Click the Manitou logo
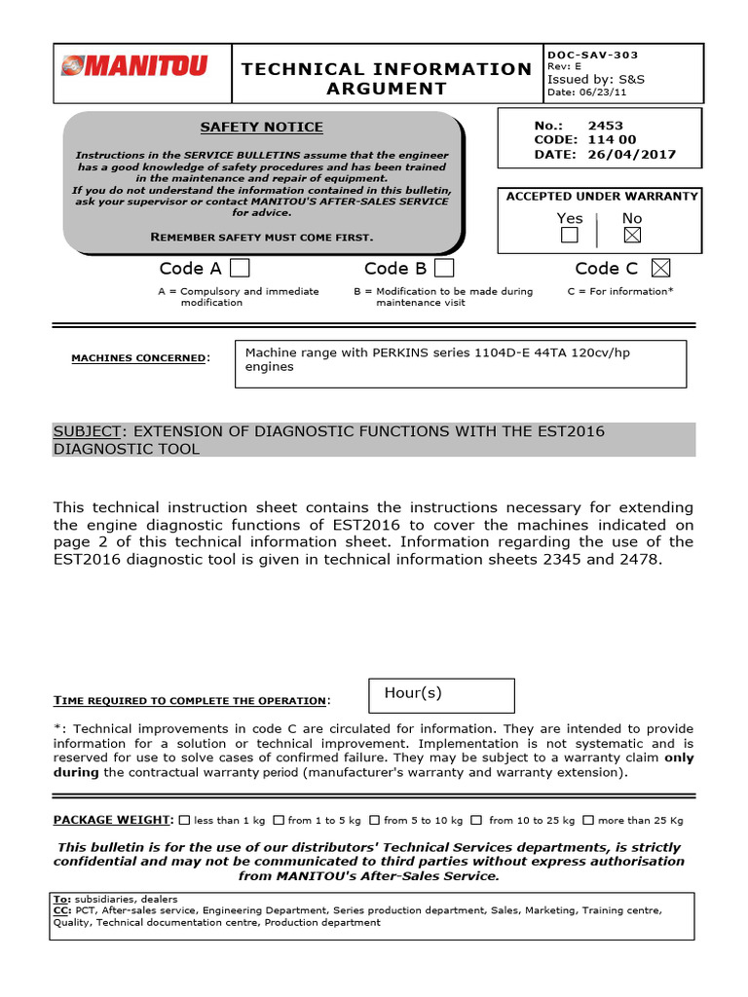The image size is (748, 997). click(x=133, y=67)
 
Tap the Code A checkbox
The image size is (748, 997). click(x=239, y=268)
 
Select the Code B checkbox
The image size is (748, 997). click(x=444, y=268)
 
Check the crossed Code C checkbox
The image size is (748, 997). click(x=660, y=268)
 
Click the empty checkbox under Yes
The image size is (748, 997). click(x=570, y=236)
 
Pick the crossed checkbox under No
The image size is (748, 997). click(x=632, y=236)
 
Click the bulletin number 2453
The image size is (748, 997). click(x=605, y=126)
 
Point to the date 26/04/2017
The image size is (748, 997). click(x=631, y=154)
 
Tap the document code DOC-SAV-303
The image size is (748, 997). click(x=593, y=55)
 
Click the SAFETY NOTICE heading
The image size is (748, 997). click(x=261, y=128)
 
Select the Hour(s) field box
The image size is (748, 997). click(x=441, y=695)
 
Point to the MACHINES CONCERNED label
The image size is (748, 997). click(x=139, y=358)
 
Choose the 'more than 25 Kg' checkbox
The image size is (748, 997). click(x=591, y=821)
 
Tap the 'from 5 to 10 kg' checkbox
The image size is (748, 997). click(x=375, y=821)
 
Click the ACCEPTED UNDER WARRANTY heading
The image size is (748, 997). click(x=602, y=197)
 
